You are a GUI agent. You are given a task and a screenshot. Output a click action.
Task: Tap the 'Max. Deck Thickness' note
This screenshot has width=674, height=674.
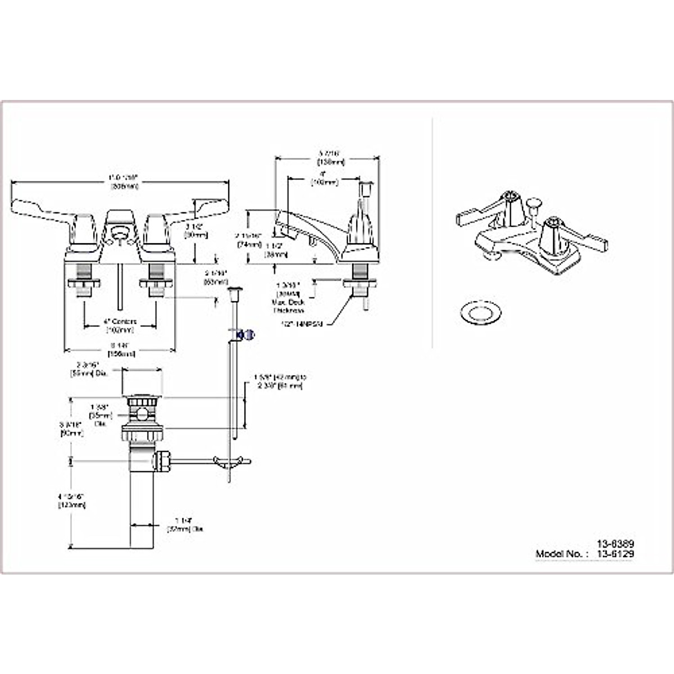coord(289,304)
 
